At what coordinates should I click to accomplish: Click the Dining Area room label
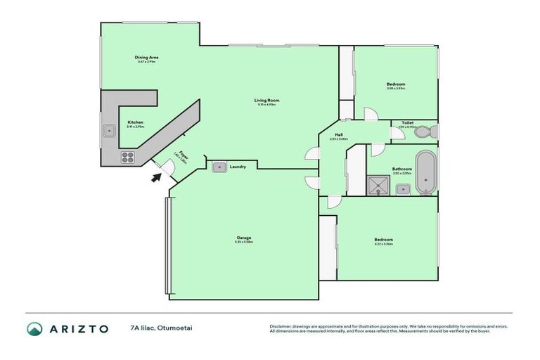coord(146,58)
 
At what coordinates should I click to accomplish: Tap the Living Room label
coord(267,101)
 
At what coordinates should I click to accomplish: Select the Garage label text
coord(244,238)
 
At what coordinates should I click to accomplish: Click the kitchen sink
coord(110,130)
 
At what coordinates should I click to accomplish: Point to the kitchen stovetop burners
coord(129,156)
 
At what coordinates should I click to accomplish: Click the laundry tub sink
coord(219,167)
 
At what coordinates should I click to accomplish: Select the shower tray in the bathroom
coord(380,184)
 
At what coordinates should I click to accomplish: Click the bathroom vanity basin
coord(404,188)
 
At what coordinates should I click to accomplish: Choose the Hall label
coord(339,135)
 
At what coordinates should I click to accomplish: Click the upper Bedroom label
coord(396,84)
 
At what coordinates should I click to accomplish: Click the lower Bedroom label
coord(384,240)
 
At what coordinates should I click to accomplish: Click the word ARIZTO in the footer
coord(79,328)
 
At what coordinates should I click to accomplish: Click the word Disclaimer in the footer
coord(279,326)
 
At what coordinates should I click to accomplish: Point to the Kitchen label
coord(136,122)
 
